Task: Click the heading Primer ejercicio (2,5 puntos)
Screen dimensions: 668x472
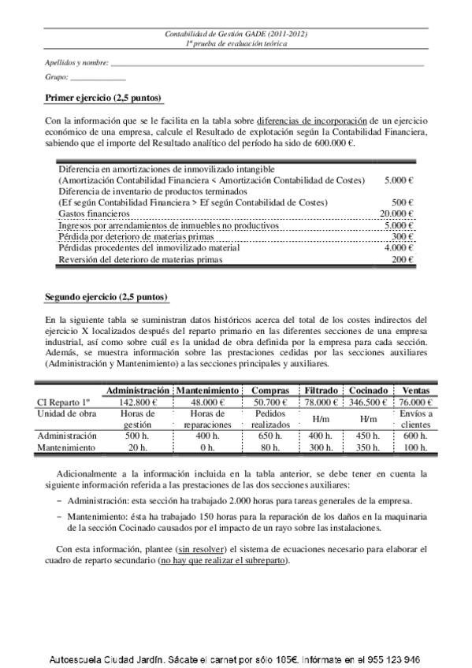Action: point(103,98)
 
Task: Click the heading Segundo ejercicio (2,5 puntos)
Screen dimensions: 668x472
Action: point(106,297)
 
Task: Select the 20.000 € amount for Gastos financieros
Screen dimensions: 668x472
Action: point(397,213)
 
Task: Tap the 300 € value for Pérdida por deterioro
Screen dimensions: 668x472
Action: point(403,236)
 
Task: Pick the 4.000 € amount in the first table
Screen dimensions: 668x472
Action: point(400,247)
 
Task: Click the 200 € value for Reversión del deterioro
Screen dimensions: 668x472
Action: point(403,259)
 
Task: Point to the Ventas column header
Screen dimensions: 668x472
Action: point(416,390)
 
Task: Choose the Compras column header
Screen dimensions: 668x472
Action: point(271,390)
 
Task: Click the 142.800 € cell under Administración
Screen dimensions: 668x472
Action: point(138,402)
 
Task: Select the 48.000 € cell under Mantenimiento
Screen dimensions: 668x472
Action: point(208,402)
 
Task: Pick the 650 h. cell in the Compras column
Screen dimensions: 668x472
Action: point(271,436)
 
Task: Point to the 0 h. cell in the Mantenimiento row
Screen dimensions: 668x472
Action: point(208,447)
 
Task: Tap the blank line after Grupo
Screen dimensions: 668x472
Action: point(98,79)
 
